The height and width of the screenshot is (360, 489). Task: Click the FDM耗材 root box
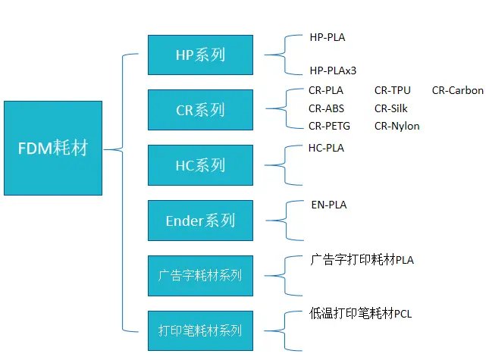point(52,148)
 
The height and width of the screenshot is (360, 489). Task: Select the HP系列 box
point(200,55)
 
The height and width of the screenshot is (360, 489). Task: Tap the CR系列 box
point(200,110)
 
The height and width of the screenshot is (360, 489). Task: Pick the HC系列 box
point(200,164)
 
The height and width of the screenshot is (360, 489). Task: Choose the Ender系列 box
point(200,220)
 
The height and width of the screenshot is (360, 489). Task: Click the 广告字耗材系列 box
point(200,275)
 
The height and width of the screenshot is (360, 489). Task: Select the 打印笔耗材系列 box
point(200,330)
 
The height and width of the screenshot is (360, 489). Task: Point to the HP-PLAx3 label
point(333,70)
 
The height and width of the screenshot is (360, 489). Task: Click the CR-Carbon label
point(458,91)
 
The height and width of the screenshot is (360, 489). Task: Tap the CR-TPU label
point(393,91)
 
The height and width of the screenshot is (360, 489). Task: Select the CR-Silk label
point(391,108)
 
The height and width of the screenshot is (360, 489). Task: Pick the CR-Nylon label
point(397,126)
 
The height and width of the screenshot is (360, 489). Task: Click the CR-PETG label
point(329,126)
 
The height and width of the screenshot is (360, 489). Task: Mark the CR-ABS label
point(326,108)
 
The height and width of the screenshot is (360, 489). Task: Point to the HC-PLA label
point(326,149)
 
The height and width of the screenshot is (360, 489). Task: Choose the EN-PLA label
point(329,205)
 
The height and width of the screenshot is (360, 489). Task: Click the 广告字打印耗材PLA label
point(362,260)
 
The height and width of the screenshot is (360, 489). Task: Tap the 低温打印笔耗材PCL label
point(361,312)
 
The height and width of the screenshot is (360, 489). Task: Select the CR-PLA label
point(326,91)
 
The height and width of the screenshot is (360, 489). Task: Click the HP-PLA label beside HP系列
point(328,36)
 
